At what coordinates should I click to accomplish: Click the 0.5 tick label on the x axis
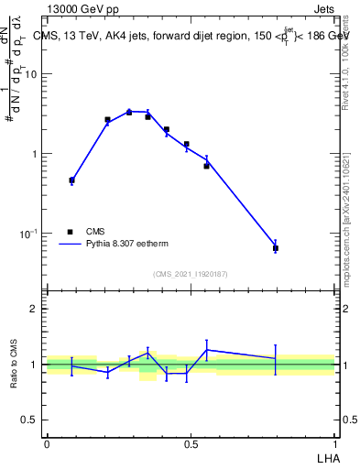[191, 443]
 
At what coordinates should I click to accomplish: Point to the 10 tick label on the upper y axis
[31, 75]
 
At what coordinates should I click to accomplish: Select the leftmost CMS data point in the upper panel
[71, 180]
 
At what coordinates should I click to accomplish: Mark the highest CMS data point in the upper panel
[129, 112]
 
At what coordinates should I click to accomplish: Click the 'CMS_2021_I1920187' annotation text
[191, 274]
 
